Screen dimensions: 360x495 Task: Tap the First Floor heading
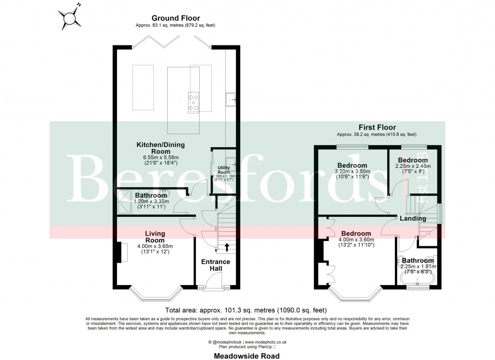[x=377, y=127]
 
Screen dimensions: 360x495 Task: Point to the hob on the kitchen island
[x=194, y=102]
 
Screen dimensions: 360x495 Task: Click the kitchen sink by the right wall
[x=231, y=101]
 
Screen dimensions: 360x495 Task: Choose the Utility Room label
[x=223, y=170]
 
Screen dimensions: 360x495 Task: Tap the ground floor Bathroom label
[x=151, y=195]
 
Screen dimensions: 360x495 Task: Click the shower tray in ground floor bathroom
[x=125, y=201]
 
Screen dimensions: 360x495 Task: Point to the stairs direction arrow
[x=226, y=248]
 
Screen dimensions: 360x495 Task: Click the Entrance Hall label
[x=216, y=266]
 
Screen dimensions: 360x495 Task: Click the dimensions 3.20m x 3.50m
[x=352, y=171]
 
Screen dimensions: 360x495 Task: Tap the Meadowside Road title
[x=247, y=356]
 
